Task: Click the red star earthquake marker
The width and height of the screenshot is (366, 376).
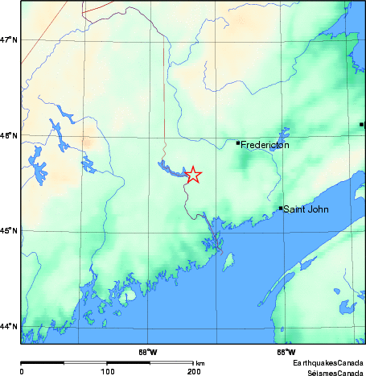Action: tap(193, 175)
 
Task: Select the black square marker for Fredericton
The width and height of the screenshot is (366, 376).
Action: tap(238, 143)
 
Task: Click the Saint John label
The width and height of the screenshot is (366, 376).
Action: tap(305, 209)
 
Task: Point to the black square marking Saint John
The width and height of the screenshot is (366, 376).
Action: tap(281, 209)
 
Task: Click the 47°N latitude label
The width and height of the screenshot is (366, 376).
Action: tap(10, 39)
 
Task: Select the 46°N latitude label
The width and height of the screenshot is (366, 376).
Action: tap(10, 135)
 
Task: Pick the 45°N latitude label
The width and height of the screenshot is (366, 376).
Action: tap(10, 231)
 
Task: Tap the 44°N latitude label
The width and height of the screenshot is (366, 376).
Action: tap(10, 326)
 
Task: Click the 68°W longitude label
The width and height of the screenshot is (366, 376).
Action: tap(147, 352)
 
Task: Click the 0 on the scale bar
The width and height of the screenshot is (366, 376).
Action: tap(22, 371)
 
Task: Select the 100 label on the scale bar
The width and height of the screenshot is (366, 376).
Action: tap(107, 371)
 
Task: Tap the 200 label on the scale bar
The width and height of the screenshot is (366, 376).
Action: tap(193, 371)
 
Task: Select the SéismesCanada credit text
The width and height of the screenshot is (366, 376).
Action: tap(330, 372)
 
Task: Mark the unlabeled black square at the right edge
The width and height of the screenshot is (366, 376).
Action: tap(362, 125)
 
